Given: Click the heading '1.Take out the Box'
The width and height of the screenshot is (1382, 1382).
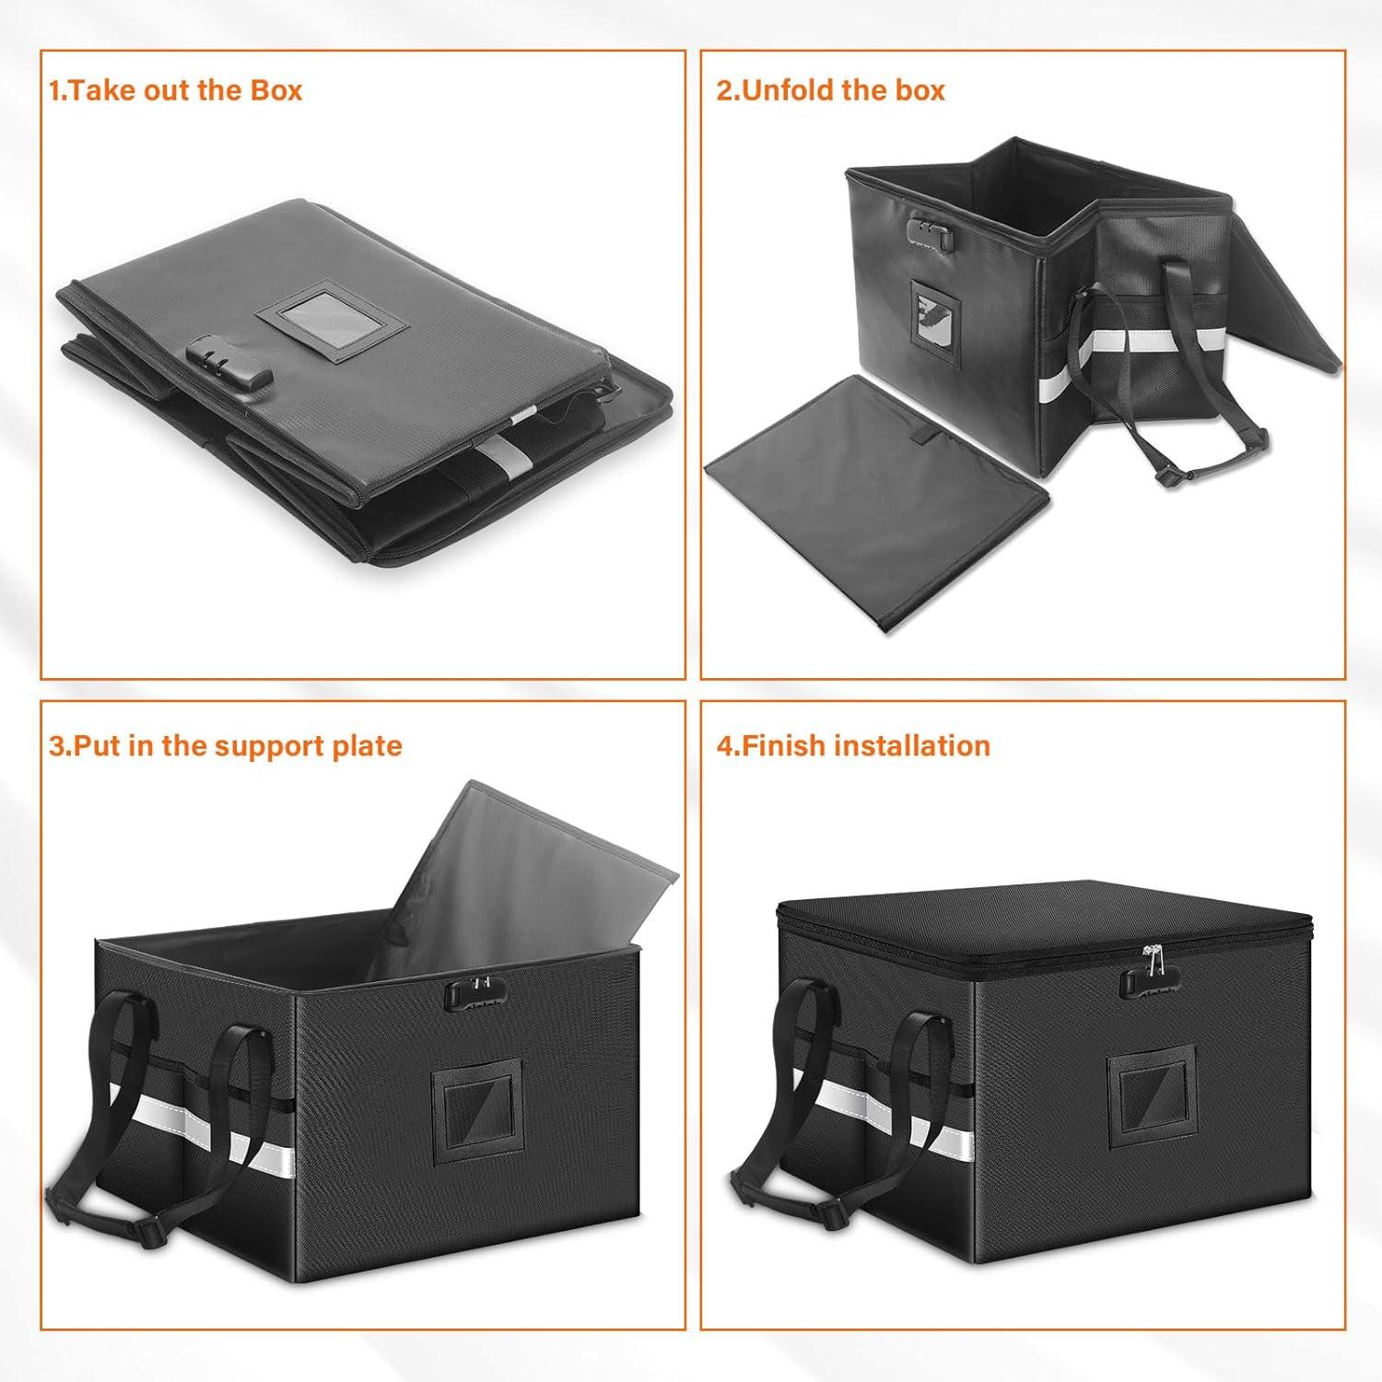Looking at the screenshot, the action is point(175,90).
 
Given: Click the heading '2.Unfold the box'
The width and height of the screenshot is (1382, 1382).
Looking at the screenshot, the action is point(831,90).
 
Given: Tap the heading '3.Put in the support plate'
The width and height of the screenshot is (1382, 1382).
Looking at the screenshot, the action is point(226,745).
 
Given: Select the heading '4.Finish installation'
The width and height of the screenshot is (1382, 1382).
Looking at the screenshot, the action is point(853,745).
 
